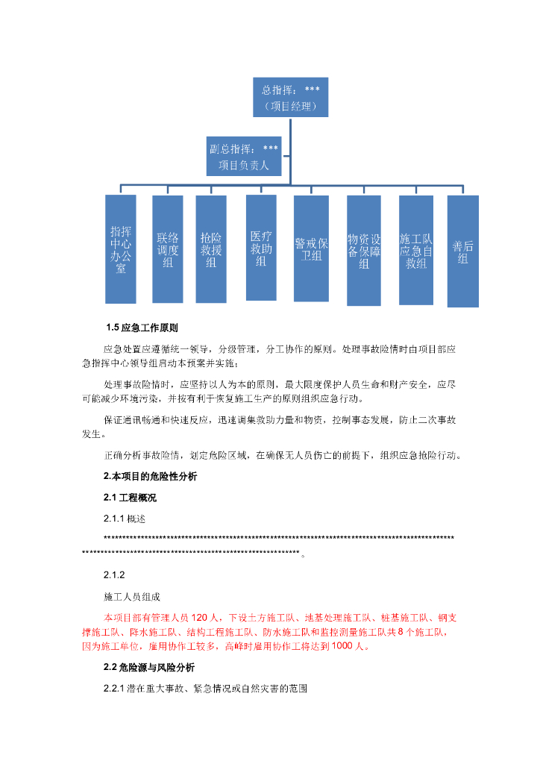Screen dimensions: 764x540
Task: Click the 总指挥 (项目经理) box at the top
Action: [x=290, y=98]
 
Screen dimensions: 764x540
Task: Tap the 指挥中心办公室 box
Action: [x=120, y=249]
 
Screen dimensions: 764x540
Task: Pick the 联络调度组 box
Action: [x=167, y=249]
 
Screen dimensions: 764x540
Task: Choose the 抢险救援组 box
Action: [x=211, y=249]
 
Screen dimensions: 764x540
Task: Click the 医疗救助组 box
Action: [x=261, y=248]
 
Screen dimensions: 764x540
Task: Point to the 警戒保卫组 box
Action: [x=311, y=249]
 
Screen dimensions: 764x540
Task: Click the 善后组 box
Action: [x=462, y=251]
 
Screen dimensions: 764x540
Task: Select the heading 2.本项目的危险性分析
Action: [x=150, y=476]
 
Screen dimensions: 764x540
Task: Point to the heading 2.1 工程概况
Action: [x=130, y=497]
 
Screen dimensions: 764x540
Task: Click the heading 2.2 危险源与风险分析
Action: [x=149, y=668]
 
